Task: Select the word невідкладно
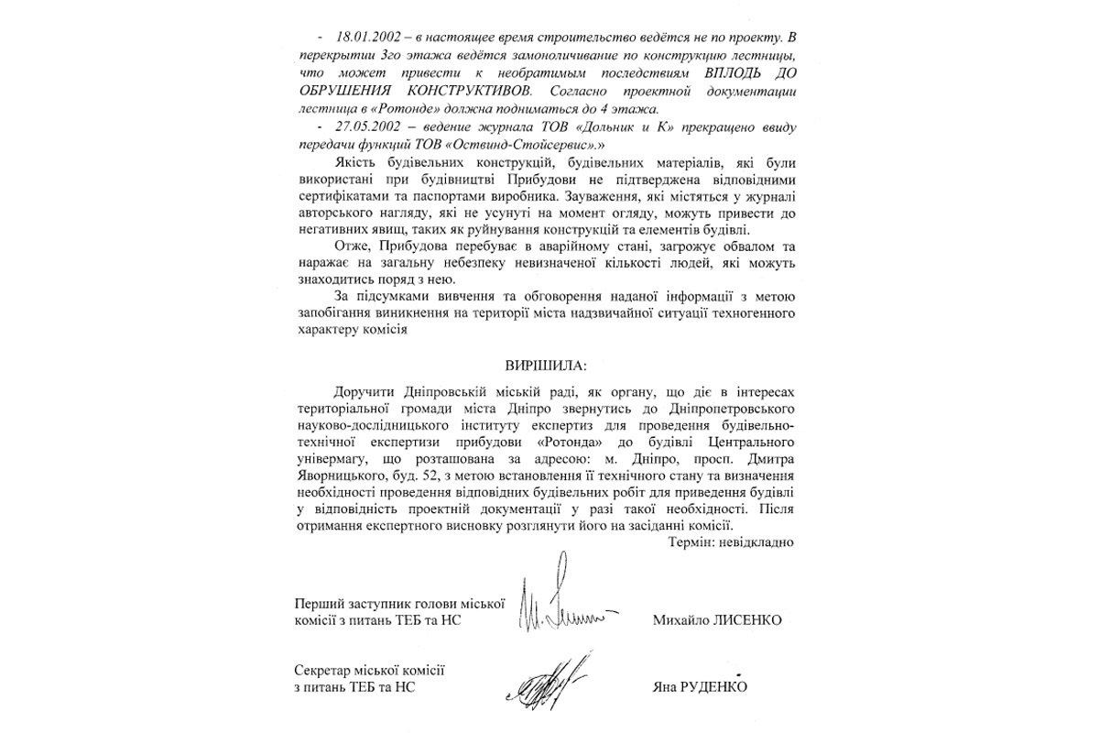click(758, 542)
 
